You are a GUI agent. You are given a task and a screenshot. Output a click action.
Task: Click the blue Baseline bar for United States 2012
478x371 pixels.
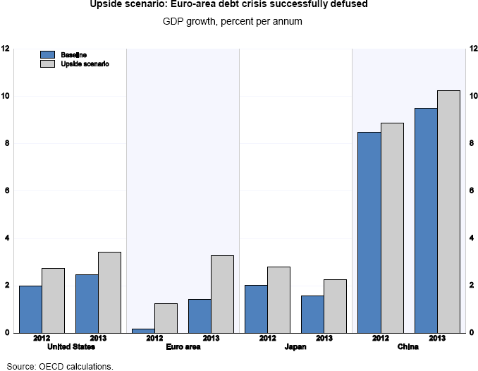point(30,309)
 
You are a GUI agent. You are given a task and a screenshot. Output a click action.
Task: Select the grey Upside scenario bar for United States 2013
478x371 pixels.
point(109,292)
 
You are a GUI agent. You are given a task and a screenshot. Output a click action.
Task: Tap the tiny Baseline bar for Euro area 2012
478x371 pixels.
point(143,330)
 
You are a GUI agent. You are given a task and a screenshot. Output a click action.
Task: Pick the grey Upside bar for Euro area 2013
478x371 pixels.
point(222,293)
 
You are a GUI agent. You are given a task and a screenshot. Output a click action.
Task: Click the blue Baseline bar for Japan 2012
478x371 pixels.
point(256,308)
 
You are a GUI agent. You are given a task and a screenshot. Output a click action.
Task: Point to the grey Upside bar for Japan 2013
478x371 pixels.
point(335,305)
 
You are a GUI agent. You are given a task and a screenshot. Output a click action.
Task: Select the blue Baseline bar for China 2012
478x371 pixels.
point(369,232)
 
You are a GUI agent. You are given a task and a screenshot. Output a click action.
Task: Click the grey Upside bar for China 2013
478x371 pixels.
point(448,211)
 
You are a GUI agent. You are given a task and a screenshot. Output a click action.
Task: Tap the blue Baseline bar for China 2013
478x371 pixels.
point(425,220)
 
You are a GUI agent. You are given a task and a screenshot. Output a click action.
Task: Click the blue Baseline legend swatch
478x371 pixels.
point(49,54)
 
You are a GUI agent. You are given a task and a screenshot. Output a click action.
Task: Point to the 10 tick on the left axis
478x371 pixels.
point(6,96)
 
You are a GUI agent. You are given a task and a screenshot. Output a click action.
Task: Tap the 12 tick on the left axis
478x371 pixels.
point(6,49)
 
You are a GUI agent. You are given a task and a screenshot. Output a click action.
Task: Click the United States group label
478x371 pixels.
point(70,347)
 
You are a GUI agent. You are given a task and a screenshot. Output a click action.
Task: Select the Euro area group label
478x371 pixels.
point(183,347)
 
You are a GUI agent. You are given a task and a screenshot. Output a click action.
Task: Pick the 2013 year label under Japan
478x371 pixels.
point(324,339)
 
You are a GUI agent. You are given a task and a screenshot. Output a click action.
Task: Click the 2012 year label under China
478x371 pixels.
point(380,339)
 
